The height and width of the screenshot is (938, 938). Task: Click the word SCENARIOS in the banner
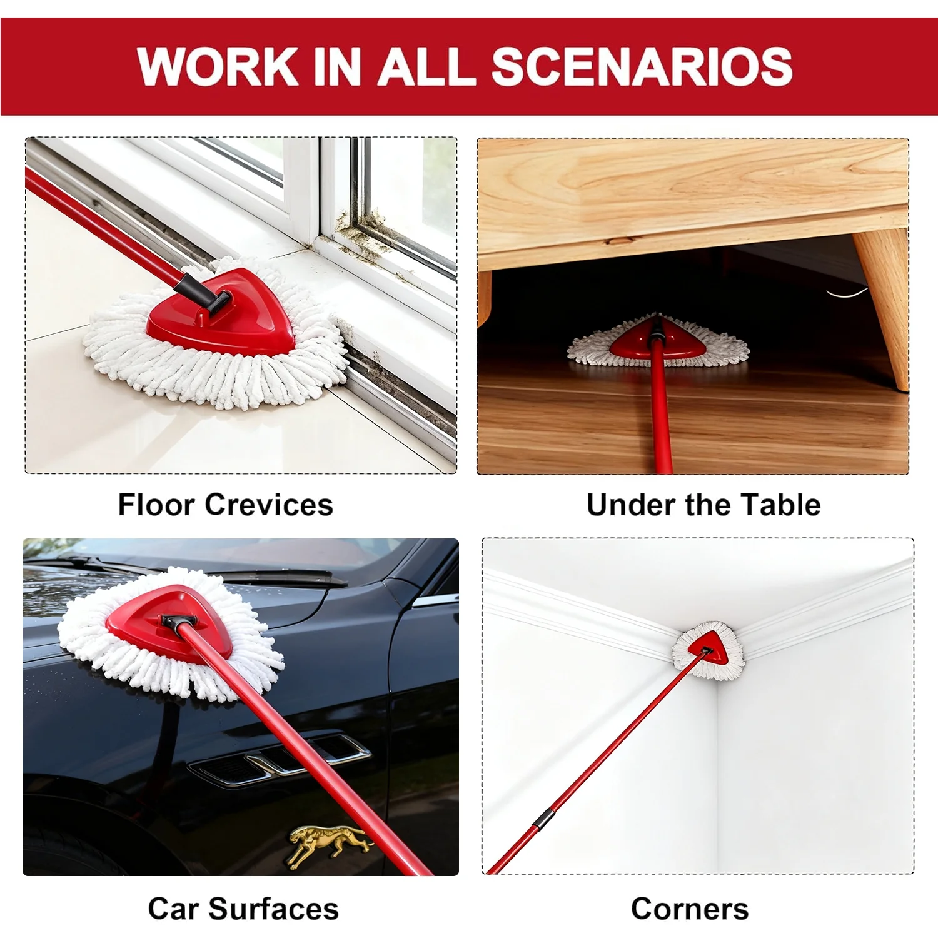(x=642, y=66)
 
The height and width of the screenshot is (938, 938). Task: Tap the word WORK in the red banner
(x=218, y=66)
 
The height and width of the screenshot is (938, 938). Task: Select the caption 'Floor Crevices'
(x=226, y=505)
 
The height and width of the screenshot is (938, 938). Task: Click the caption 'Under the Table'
(x=703, y=505)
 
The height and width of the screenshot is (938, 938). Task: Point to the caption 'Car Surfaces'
(x=243, y=909)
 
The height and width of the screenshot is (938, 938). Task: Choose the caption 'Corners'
(x=690, y=909)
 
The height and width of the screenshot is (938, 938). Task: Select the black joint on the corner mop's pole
(x=543, y=819)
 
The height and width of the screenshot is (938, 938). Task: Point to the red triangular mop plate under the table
(x=658, y=338)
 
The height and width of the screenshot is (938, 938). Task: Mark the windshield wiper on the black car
(x=200, y=569)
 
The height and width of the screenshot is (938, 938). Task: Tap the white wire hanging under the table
(x=847, y=292)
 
